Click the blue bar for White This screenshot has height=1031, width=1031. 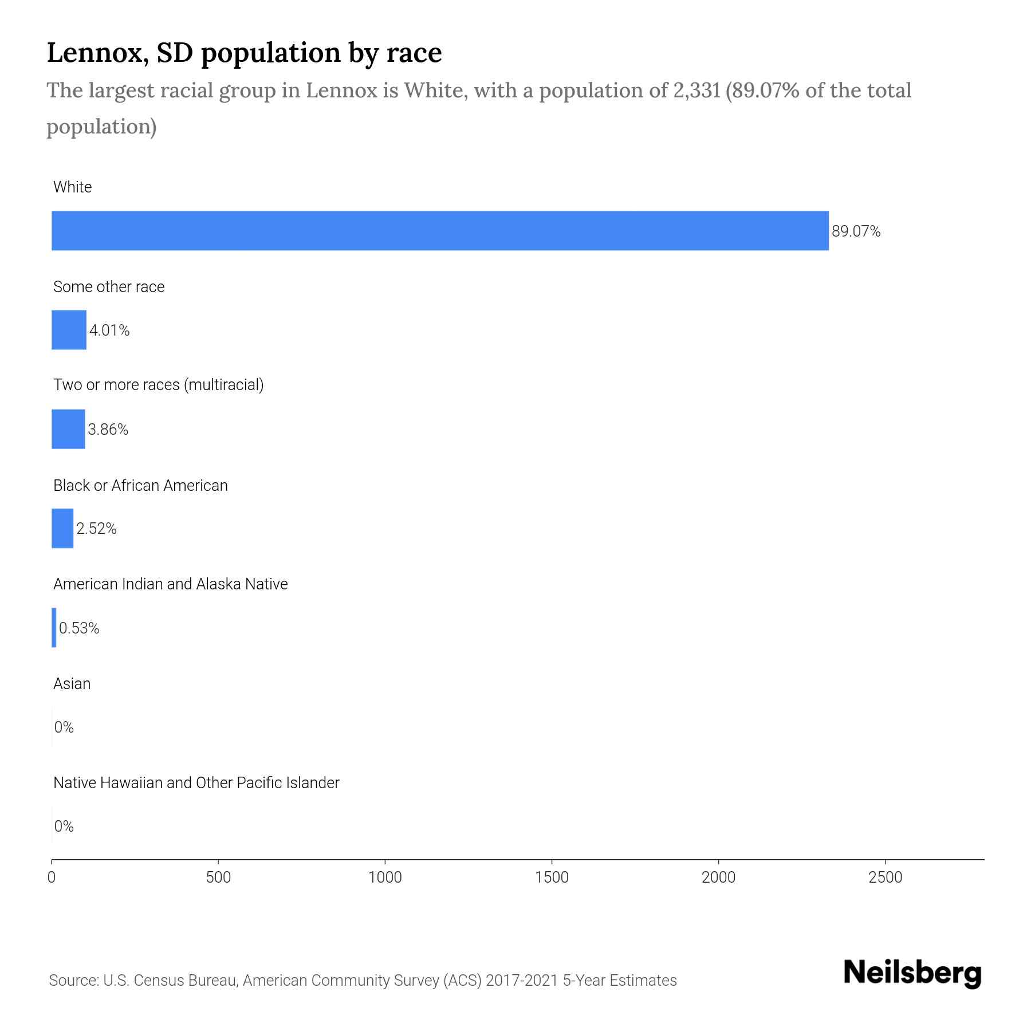tap(440, 231)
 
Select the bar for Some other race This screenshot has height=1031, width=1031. tap(69, 330)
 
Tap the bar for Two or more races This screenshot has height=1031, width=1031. tap(68, 429)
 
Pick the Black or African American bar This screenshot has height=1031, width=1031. tap(62, 528)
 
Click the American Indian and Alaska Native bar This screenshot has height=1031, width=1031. tap(54, 628)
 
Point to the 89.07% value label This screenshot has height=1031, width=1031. tap(856, 231)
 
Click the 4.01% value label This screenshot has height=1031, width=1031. tap(109, 330)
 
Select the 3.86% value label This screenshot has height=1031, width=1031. tap(108, 430)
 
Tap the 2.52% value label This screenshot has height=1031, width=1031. tap(96, 529)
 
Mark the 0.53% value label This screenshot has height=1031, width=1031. tap(79, 628)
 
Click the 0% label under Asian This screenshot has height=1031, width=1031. tap(64, 727)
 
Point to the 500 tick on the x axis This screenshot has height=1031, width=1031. tap(218, 877)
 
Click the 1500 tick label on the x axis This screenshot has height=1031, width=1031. tap(552, 877)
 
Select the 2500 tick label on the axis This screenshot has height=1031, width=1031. tap(885, 877)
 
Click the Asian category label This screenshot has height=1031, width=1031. tap(72, 684)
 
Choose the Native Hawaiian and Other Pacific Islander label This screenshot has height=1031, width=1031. tap(196, 783)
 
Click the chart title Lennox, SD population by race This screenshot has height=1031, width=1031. tap(244, 53)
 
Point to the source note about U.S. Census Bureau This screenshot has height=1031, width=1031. tap(363, 981)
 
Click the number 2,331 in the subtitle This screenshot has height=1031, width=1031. tap(694, 90)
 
